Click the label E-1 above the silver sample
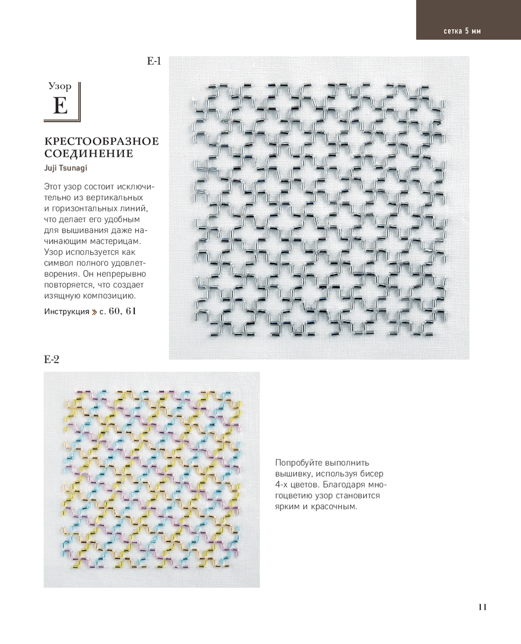click(154, 62)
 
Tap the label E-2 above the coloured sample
click(52, 359)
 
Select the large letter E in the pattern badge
click(60, 106)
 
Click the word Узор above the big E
click(60, 86)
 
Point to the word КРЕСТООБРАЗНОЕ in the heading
click(102, 142)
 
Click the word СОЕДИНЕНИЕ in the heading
click(88, 154)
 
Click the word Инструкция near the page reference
click(67, 312)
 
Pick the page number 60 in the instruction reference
click(115, 311)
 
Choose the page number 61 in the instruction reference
click(131, 311)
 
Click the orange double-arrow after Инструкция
click(94, 312)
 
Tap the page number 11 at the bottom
click(482, 607)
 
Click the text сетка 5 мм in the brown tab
click(462, 31)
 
